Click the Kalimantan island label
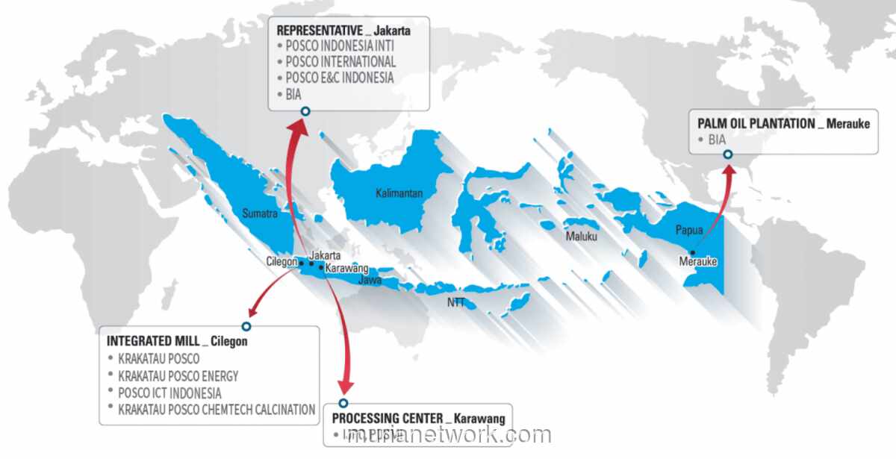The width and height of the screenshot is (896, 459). [399, 193]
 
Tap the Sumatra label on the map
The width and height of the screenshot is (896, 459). [260, 213]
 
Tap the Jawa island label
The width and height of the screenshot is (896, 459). [370, 281]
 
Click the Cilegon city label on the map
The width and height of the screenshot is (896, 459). [281, 262]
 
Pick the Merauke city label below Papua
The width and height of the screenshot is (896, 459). [698, 262]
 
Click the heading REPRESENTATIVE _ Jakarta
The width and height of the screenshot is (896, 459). [343, 31]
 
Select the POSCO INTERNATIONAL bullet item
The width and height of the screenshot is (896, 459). [340, 61]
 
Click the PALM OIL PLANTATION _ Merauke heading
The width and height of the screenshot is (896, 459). [783, 123]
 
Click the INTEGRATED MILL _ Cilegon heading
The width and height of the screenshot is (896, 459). [177, 341]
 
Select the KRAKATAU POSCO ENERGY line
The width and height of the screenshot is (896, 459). [178, 375]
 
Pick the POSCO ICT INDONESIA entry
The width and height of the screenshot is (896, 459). [169, 393]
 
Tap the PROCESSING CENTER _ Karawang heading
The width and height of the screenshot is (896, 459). [418, 418]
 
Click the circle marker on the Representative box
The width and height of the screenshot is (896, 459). [305, 111]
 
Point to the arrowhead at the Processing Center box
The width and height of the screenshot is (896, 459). [344, 387]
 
